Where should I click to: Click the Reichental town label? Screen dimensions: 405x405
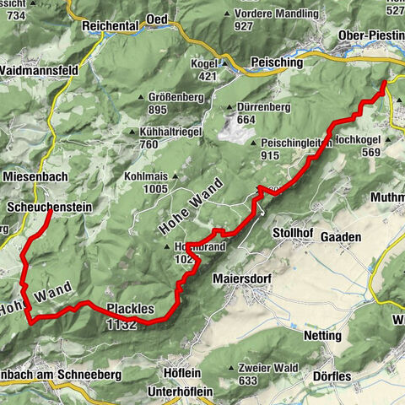coord(110,26)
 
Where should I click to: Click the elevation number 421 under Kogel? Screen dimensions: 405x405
coord(208,76)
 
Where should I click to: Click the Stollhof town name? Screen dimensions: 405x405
coord(292,232)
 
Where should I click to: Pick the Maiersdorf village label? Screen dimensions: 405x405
coord(243,278)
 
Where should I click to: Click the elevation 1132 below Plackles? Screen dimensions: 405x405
coord(121,324)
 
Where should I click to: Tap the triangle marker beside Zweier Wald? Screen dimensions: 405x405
coord(232,368)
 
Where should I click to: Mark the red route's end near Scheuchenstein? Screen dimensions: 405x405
coord(47,213)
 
